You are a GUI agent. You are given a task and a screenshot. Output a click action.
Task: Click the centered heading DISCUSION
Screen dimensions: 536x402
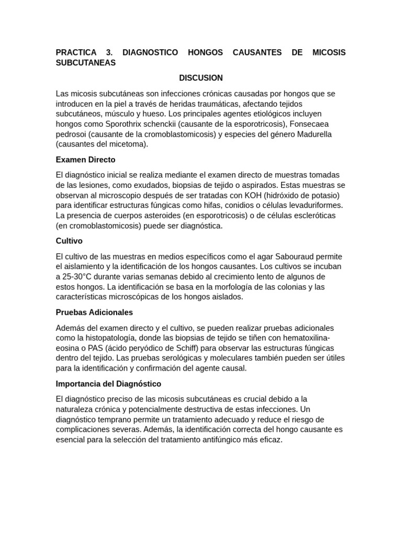(201, 78)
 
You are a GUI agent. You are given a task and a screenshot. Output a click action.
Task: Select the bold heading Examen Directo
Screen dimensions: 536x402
(85, 160)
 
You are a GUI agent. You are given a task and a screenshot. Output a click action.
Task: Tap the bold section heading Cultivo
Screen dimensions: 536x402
(69, 241)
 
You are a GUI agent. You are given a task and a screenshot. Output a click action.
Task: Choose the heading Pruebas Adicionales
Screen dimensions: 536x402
(94, 312)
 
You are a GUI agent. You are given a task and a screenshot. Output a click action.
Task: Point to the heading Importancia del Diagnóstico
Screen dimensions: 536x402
(108, 384)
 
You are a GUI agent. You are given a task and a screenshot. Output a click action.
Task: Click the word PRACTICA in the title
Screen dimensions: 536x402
(76, 52)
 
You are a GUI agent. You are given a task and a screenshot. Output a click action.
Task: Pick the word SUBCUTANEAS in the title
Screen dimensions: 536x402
(86, 63)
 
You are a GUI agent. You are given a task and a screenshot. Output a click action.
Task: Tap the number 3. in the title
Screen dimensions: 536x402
(109, 52)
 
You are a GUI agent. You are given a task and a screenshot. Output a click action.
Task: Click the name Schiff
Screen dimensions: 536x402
(183, 348)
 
